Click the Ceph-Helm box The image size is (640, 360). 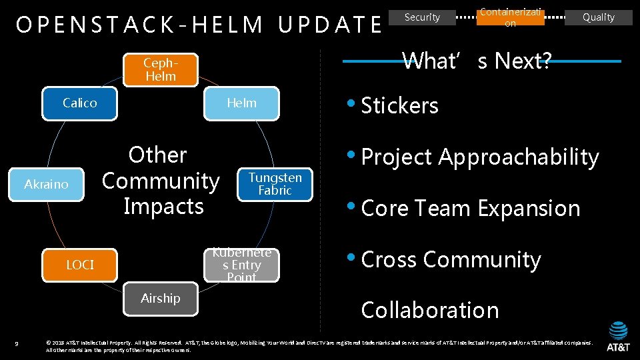(161, 70)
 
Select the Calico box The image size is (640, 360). (80, 103)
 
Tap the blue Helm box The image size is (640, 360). (241, 103)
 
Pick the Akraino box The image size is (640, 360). (47, 184)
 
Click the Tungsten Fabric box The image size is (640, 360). (275, 184)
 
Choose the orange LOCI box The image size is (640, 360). (80, 265)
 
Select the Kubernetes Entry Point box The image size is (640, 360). (241, 265)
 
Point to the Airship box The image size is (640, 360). (161, 299)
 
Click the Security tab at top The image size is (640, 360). (423, 17)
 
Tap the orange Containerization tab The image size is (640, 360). (511, 17)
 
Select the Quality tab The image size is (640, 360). (598, 17)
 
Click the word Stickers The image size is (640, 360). (399, 105)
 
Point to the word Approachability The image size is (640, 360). (519, 157)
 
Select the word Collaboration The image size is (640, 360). (429, 310)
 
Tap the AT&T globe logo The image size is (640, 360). (618, 331)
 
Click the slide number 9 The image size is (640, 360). (17, 343)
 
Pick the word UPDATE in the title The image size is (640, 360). (330, 25)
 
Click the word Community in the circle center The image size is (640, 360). (161, 181)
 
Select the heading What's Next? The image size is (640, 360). (477, 61)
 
